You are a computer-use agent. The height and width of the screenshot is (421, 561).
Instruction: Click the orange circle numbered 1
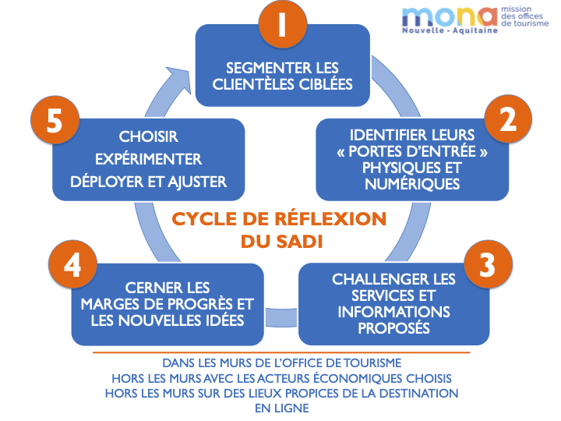pyautogui.click(x=281, y=25)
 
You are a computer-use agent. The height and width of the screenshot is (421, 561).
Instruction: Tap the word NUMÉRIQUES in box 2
pyautogui.click(x=401, y=184)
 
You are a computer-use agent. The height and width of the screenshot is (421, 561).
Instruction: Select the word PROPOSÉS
pyautogui.click(x=393, y=327)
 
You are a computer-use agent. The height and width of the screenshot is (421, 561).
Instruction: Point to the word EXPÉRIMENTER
pyautogui.click(x=148, y=159)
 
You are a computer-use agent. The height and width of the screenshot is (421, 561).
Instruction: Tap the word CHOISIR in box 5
pyautogui.click(x=148, y=136)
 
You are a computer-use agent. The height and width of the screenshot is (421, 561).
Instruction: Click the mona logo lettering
pyautogui.click(x=449, y=17)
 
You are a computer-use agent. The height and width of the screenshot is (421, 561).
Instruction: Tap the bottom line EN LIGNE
pyautogui.click(x=281, y=407)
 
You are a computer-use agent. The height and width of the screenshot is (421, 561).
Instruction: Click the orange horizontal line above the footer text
pyautogui.click(x=281, y=352)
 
